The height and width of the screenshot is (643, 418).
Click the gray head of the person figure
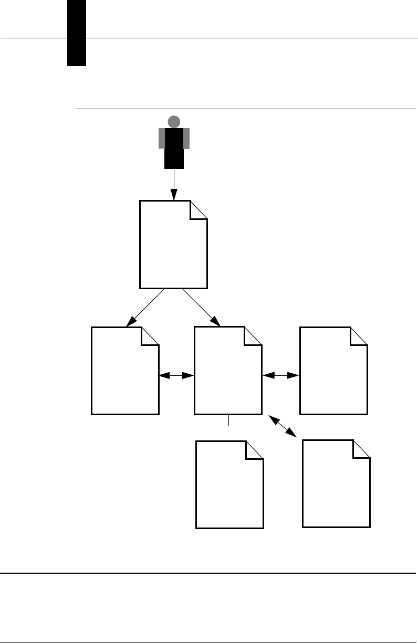pos(174,122)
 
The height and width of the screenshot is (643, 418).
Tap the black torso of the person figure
pos(174,148)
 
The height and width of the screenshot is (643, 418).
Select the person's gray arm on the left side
pos(162,138)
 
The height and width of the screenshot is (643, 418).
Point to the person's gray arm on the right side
pos(186,138)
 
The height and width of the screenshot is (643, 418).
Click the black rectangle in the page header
pos(77,33)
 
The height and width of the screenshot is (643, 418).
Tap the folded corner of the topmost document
pos(199,209)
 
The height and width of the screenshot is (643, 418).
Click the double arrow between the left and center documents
pos(176,375)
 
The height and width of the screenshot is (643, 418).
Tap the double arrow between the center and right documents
pos(280,375)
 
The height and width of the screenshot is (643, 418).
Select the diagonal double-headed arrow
pos(283,425)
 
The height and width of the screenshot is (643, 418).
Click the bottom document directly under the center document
pos(229,486)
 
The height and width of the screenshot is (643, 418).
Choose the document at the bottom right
pos(336,486)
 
